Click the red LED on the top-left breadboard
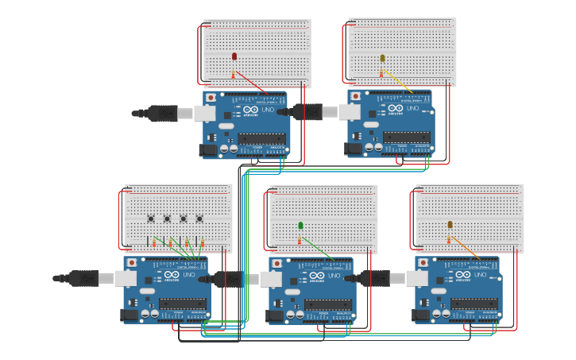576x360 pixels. [x=234, y=56]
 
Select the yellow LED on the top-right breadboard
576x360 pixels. [x=382, y=58]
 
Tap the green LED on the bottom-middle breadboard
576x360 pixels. [x=300, y=226]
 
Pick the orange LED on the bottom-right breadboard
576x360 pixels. [x=450, y=225]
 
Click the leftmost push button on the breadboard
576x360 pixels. [x=151, y=219]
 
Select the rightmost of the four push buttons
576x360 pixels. [x=199, y=219]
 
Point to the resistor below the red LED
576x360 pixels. [x=234, y=75]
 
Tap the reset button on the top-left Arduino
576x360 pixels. [x=211, y=97]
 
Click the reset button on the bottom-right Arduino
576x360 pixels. [x=423, y=262]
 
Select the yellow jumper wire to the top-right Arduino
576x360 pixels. [x=397, y=82]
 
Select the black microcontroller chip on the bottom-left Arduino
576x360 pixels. [x=182, y=304]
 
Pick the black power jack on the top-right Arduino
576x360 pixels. [x=353, y=149]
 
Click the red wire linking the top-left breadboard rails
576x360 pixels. [x=199, y=53]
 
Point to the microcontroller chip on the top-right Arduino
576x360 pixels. [x=407, y=137]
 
